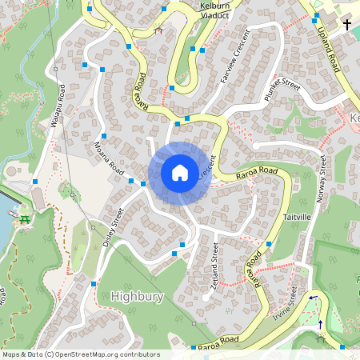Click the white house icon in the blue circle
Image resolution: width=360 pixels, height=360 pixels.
(180, 172)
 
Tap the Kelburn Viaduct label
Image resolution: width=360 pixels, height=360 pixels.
(214, 10)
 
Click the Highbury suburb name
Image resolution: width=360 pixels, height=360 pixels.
(138, 296)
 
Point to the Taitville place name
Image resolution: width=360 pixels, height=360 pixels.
(296, 218)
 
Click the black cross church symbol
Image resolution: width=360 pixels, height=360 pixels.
(347, 25)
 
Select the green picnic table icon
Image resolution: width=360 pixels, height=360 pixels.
(25, 218)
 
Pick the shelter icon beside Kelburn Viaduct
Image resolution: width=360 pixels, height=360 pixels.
(158, 31)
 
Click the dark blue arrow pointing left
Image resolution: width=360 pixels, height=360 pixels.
(313, 296)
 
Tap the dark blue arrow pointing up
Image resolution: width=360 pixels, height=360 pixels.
(321, 324)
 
